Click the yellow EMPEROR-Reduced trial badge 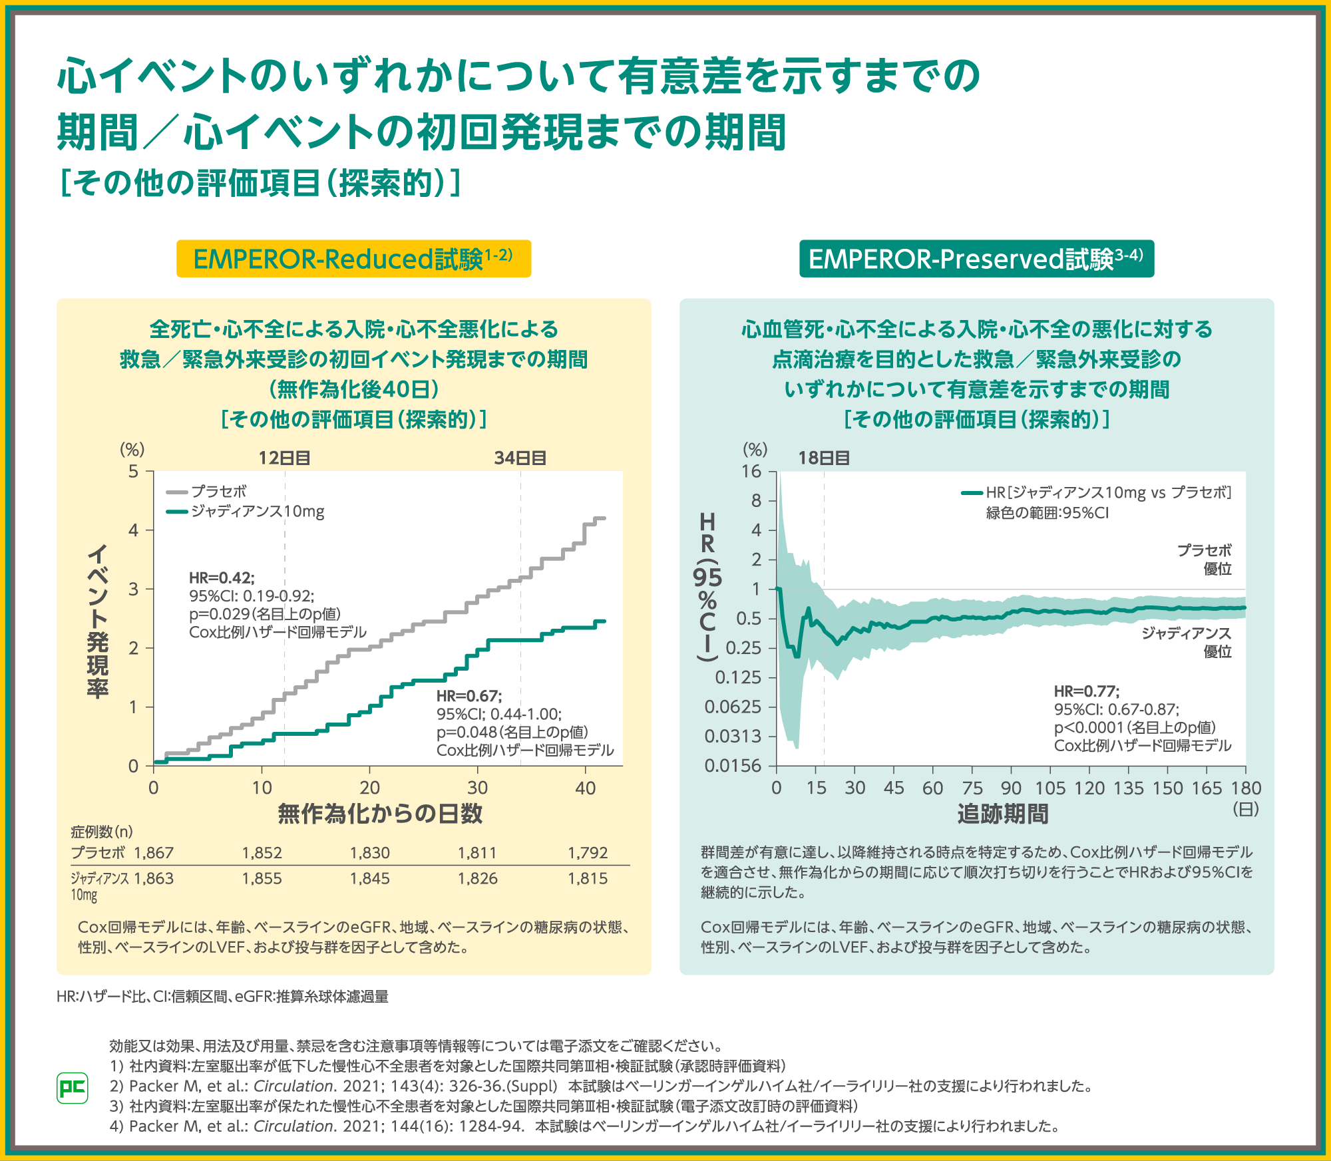[353, 259]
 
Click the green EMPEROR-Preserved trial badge [976, 259]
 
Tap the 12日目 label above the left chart [284, 458]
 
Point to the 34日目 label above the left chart [520, 458]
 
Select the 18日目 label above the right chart [824, 458]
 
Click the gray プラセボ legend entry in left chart [207, 492]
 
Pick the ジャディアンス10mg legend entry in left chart [246, 512]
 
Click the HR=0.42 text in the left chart [222, 578]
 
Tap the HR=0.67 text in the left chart [469, 696]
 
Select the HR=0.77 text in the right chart [1086, 691]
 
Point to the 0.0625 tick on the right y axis [733, 707]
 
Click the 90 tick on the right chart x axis [1011, 788]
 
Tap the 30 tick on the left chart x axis [477, 788]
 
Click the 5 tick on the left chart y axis [134, 472]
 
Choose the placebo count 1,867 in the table [154, 853]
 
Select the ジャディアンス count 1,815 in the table [588, 879]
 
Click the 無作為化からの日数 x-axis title [380, 814]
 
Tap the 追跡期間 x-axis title [1003, 814]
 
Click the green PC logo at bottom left [73, 1088]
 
